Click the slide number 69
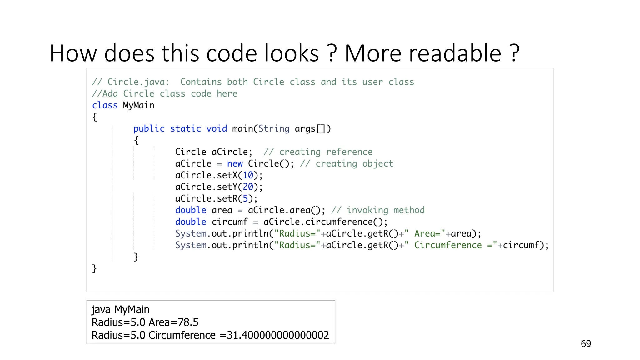586,344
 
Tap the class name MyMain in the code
138,105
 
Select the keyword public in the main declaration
149,129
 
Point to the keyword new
235,164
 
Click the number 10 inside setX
248,175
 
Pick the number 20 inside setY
248,187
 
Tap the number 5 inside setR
245,199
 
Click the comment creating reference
318,152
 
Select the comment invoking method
378,210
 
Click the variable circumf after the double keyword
229,222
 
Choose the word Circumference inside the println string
448,245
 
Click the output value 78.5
188,322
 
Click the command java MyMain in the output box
120,310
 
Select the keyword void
216,129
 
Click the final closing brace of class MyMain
94,269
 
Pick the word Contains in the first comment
201,82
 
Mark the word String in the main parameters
274,129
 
